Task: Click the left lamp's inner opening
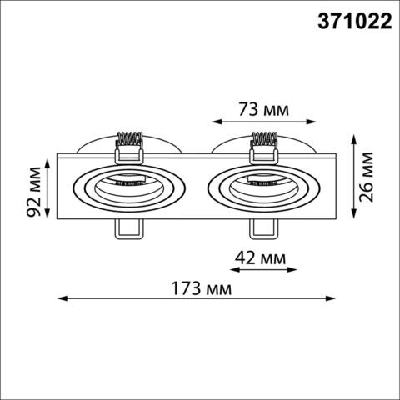127,189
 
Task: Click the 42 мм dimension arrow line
261,268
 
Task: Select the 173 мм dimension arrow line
197,298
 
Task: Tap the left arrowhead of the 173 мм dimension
60,298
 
